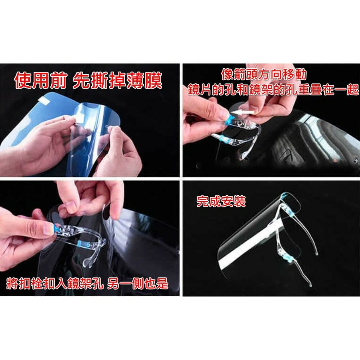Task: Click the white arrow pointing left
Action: coord(242,112)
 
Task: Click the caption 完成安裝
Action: coord(221,202)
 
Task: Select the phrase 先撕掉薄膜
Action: coord(117,80)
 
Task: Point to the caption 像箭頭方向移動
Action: coord(264,75)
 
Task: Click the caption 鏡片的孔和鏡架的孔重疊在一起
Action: coord(273,89)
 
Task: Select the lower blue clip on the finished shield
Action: coord(289,259)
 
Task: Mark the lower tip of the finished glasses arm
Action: coord(310,286)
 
